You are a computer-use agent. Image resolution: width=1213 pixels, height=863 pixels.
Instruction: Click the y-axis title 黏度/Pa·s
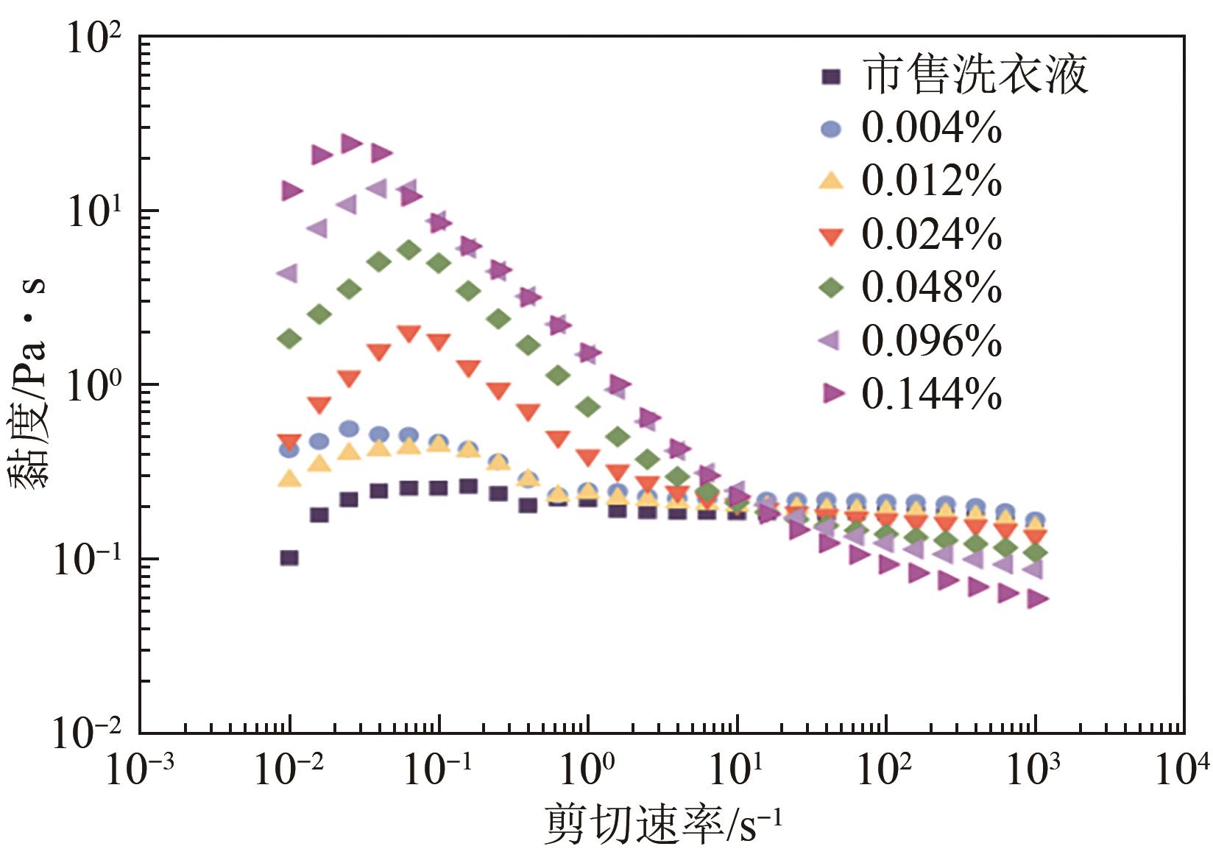(x=29, y=383)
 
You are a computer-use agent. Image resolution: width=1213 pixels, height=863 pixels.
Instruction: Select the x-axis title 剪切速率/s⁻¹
(x=662, y=825)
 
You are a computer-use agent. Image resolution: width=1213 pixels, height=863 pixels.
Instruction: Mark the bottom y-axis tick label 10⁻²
(x=87, y=733)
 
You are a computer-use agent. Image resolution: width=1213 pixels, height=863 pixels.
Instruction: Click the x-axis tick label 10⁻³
(x=140, y=769)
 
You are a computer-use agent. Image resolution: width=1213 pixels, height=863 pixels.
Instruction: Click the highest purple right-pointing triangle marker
(x=351, y=144)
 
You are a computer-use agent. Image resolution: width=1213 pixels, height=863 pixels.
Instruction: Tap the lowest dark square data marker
(x=289, y=557)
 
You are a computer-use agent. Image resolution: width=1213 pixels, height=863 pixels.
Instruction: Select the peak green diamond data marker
(x=409, y=250)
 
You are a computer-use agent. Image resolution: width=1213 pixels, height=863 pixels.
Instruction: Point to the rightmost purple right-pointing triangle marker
(x=1037, y=599)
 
